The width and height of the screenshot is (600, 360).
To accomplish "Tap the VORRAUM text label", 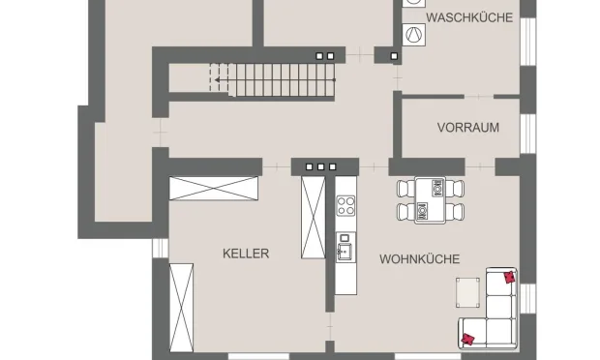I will [x=467, y=127].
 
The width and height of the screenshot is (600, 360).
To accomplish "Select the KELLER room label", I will [x=246, y=254].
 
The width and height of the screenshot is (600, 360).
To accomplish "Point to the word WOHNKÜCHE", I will [x=419, y=258].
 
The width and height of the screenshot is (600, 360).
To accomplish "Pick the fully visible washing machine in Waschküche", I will [x=413, y=35].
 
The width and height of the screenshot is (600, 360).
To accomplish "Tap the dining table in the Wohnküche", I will [x=429, y=201].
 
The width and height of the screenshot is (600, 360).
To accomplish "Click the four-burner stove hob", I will [x=345, y=204].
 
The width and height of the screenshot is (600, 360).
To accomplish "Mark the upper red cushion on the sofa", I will [x=508, y=277].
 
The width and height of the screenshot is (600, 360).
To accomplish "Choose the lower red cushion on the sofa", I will [x=469, y=338].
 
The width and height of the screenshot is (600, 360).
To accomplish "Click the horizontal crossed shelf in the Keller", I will [x=215, y=188].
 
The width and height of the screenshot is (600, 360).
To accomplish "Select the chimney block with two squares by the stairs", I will [x=329, y=55].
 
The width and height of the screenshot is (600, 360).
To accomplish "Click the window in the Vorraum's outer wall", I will [x=528, y=134].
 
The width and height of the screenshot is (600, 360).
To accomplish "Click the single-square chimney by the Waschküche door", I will [x=395, y=55].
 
